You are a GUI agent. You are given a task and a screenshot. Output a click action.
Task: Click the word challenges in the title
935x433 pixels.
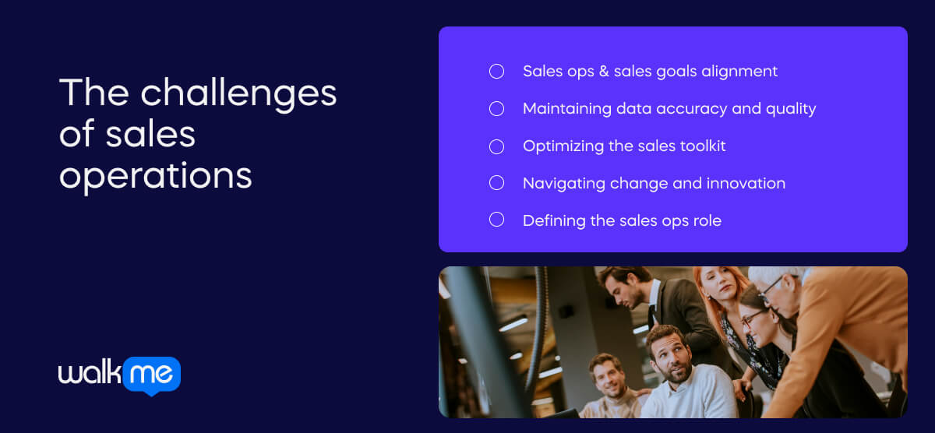click(x=238, y=93)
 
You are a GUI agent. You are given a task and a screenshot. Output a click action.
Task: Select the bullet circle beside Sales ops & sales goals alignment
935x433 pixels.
click(x=496, y=72)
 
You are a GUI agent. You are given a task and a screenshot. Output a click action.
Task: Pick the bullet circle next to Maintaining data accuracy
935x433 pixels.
click(x=496, y=109)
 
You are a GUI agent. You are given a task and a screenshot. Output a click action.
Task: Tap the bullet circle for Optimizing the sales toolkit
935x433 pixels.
click(x=496, y=146)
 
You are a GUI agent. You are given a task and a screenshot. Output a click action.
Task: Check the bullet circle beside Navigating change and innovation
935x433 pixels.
click(x=496, y=183)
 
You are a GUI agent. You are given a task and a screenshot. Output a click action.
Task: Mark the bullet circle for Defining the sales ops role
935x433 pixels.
click(x=496, y=220)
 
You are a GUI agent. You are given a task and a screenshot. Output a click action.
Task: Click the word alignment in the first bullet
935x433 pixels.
click(x=739, y=72)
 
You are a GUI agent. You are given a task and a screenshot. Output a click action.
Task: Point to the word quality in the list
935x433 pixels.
click(x=791, y=109)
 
